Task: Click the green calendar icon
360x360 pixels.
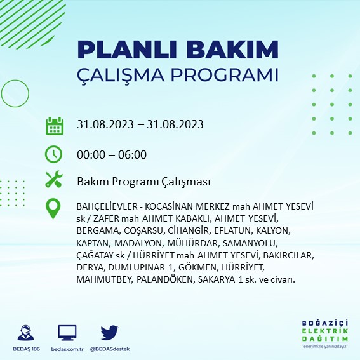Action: tap(55, 126)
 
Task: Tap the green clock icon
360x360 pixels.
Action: tap(53, 154)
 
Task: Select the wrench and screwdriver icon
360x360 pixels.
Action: tap(54, 179)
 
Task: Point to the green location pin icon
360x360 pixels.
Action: tap(53, 208)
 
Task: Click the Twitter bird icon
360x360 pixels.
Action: tap(109, 333)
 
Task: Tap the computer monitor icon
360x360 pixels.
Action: tap(67, 333)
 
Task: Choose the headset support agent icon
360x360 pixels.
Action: tap(25, 333)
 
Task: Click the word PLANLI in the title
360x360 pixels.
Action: tap(127, 50)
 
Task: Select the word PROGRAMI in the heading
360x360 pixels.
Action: tap(224, 74)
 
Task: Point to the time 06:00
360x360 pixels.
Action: tap(132, 155)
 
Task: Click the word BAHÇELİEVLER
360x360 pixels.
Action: tap(107, 206)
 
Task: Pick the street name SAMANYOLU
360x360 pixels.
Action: tap(250, 243)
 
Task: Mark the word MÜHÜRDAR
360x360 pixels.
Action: tap(193, 243)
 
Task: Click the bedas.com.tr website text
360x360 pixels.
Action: tap(67, 349)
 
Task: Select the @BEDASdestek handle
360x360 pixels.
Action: tap(110, 349)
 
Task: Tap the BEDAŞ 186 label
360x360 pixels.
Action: tap(26, 349)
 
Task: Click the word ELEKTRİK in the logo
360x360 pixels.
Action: tap(325, 331)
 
